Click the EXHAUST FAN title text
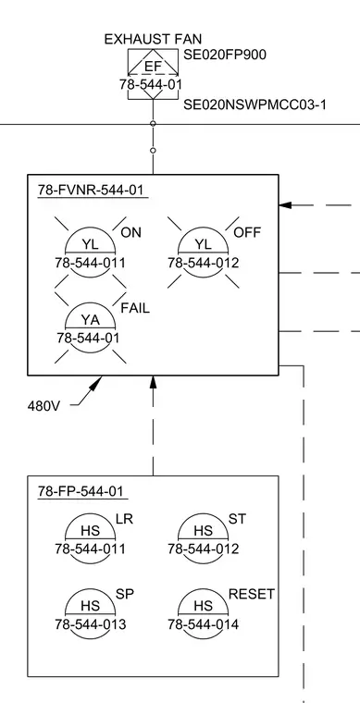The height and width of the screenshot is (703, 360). coord(153,39)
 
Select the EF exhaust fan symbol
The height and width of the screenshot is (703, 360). coord(154,74)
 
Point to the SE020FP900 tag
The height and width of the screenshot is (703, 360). coord(225,55)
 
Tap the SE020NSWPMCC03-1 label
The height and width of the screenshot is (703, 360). coord(254,105)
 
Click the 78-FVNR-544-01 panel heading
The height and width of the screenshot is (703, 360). coord(91,191)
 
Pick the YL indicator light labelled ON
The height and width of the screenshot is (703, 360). coord(91,253)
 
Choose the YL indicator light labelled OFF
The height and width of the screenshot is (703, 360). coord(204,253)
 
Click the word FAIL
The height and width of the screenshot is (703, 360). coord(135,308)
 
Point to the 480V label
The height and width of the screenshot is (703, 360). coord(43,406)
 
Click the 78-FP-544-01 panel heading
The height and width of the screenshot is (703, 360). coord(81,491)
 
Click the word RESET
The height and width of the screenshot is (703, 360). coord(252,595)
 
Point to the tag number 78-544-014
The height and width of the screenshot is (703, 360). coord(204,624)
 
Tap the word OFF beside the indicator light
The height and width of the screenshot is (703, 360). coord(247,233)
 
